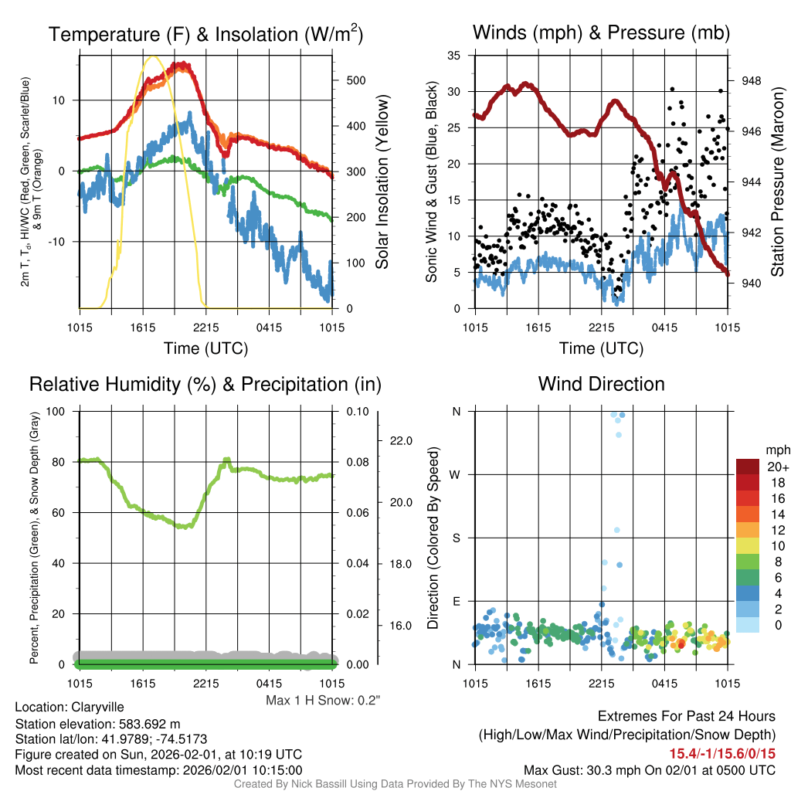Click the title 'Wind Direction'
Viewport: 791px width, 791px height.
point(601,384)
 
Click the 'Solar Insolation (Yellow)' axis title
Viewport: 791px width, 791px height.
point(382,182)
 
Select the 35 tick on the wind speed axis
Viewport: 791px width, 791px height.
point(454,56)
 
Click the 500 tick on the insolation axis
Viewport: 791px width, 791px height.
point(355,80)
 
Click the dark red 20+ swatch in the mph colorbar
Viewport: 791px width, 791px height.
point(748,467)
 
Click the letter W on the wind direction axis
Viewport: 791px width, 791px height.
point(456,474)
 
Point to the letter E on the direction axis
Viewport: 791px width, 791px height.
point(456,601)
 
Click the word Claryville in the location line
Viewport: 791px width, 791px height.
point(97,707)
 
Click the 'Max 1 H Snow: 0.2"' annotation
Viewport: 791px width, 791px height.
point(323,700)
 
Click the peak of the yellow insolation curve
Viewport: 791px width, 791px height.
point(152,56)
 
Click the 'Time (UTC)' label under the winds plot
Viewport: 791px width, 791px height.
point(601,348)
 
